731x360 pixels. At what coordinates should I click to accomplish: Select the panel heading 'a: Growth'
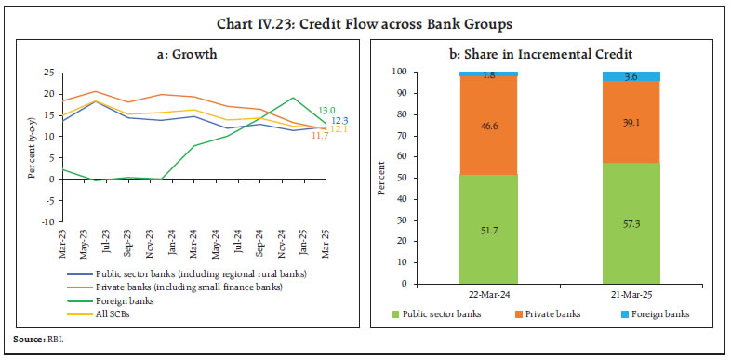click(x=186, y=53)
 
